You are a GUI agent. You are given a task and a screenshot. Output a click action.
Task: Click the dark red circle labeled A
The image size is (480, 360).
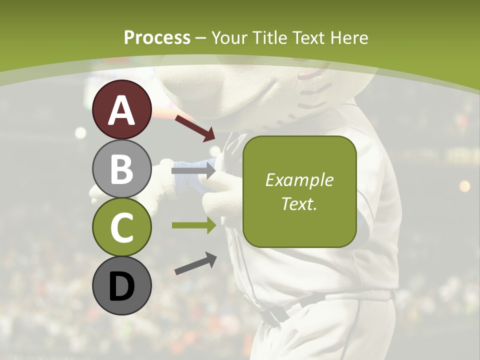122,110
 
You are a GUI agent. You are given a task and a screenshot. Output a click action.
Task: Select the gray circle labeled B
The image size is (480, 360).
122,169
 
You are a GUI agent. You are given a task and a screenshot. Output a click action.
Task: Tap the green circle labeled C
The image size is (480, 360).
122,227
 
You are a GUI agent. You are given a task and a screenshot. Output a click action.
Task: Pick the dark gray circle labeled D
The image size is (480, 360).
122,285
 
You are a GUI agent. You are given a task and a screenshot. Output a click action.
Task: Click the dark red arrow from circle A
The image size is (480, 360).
194,128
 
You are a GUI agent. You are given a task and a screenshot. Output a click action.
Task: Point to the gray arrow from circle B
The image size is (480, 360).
193,170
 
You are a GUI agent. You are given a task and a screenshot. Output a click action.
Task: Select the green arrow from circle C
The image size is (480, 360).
193,225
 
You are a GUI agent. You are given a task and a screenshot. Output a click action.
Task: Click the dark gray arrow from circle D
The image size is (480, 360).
195,264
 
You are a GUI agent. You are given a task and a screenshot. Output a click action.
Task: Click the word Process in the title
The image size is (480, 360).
157,37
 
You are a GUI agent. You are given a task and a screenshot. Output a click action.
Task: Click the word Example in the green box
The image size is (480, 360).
299,180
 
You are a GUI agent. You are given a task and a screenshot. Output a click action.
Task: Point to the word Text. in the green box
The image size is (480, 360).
299,203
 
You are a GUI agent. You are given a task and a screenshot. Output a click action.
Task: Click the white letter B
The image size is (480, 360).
122,169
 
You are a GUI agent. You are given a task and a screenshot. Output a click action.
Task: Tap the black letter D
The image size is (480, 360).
122,286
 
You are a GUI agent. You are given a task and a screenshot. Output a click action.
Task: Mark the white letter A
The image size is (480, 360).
122,110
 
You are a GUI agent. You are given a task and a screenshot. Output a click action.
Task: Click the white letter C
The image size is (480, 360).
122,227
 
